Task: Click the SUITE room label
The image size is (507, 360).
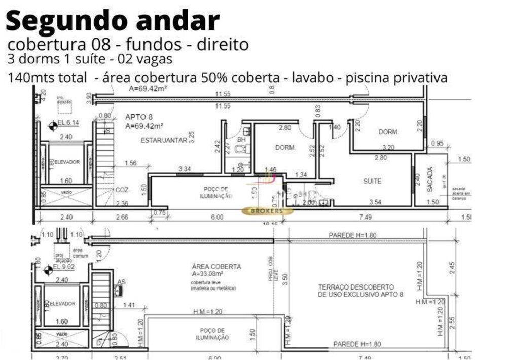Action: (x=372, y=181)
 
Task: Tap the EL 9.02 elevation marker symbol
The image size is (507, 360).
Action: (x=49, y=268)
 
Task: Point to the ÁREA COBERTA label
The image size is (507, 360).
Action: (x=216, y=267)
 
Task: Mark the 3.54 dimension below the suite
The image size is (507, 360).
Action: (x=375, y=202)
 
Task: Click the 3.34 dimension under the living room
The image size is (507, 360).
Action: (x=185, y=169)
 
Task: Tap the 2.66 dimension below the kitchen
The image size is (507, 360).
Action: (x=122, y=218)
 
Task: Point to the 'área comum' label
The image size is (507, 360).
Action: (x=78, y=253)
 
